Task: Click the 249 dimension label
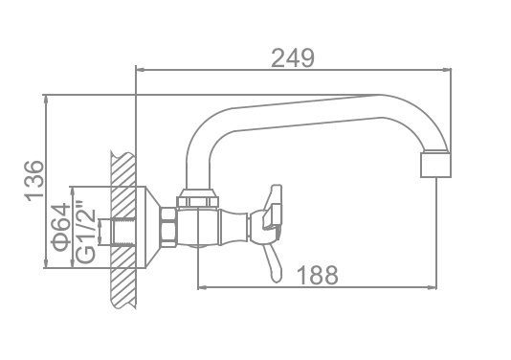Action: (293, 58)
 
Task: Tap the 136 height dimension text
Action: (33, 179)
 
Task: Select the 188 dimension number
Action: (318, 275)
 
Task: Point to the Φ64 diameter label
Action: (60, 227)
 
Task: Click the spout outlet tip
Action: (435, 165)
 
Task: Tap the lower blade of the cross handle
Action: (274, 263)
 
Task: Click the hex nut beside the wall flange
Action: (168, 227)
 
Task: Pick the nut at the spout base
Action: (197, 198)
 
